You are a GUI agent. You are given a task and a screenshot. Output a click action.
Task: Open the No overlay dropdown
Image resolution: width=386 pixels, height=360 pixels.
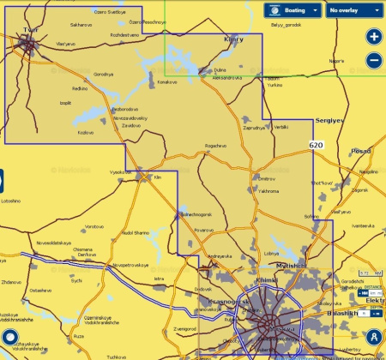pos(352,10)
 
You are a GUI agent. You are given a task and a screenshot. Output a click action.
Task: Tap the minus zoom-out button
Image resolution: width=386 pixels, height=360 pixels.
pos(373,60)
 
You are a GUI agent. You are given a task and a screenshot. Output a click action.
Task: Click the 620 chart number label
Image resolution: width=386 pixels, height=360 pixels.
pos(316,147)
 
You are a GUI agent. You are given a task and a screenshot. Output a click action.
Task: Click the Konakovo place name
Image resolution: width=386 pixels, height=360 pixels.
pos(167,83)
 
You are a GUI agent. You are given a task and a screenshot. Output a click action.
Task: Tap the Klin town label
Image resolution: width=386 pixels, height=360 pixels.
pos(157,177)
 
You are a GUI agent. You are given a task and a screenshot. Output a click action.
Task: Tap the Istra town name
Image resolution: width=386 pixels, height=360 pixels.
pos(158,279)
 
